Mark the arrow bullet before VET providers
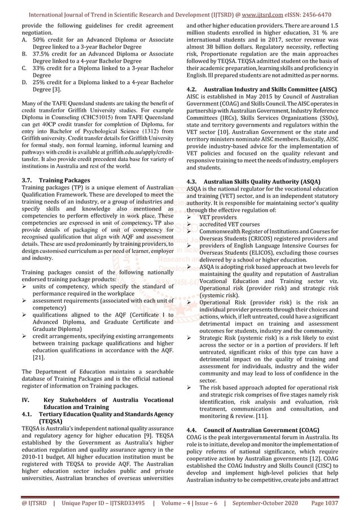pyautogui.click(x=189, y=217)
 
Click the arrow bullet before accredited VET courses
pyautogui.click(x=189, y=224)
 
